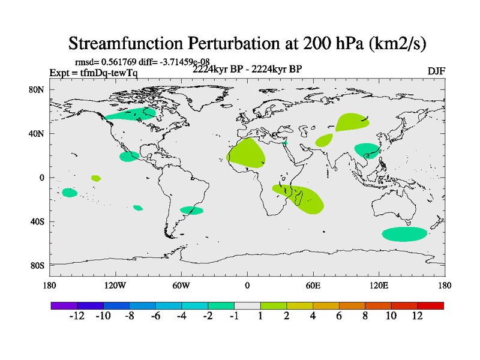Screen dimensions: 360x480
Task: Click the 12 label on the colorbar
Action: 417,316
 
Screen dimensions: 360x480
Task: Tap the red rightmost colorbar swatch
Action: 430,305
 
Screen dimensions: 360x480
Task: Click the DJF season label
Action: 436,71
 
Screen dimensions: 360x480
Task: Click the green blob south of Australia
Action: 404,234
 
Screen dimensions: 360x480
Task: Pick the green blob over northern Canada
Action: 131,113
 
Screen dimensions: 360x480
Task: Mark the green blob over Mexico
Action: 129,157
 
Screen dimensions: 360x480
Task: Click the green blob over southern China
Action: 367,149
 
